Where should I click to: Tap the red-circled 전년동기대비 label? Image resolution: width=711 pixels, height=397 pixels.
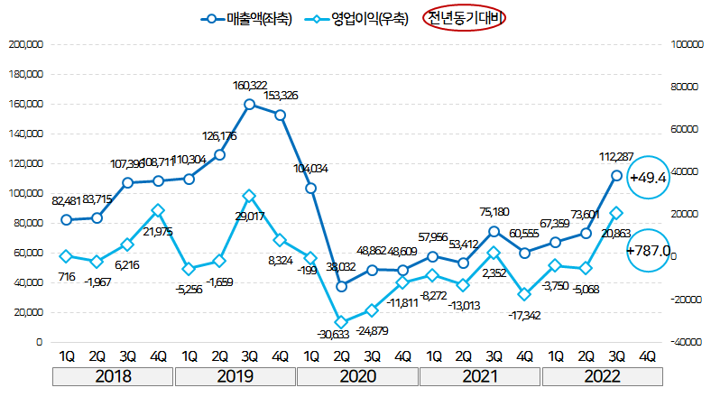point(467,17)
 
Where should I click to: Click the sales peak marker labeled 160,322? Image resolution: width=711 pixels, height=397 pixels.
point(250,104)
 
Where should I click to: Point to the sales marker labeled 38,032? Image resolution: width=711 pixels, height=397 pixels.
point(342,286)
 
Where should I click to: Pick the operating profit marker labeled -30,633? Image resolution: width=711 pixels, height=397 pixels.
point(342,322)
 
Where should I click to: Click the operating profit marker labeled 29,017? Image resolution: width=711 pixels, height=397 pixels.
point(250,195)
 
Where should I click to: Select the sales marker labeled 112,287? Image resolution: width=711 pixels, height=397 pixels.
point(617,176)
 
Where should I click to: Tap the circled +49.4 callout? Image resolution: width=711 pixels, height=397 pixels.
point(647,177)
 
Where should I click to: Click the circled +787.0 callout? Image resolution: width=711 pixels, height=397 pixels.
point(648,250)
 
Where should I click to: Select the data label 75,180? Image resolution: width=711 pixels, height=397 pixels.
point(494,212)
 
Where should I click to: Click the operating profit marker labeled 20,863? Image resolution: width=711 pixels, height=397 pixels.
point(617,213)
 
